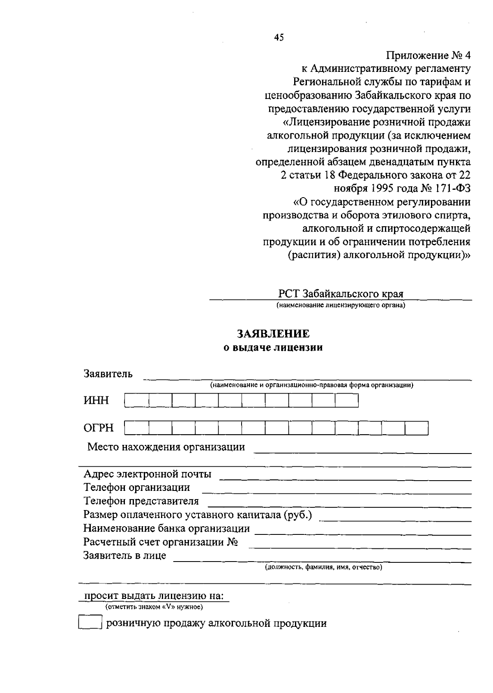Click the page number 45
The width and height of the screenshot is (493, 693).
click(279, 38)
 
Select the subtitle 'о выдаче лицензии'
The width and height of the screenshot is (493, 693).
click(273, 348)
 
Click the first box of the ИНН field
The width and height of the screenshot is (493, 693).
click(137, 401)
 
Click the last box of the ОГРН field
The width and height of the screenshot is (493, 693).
click(417, 428)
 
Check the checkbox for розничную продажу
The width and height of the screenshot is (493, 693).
click(90, 622)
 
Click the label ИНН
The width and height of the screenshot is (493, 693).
click(97, 401)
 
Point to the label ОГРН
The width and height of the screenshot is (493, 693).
click(99, 428)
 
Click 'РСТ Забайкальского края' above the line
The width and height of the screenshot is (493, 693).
click(341, 294)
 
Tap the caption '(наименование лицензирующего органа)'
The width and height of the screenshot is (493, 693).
click(341, 305)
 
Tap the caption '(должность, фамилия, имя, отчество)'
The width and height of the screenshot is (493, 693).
click(323, 568)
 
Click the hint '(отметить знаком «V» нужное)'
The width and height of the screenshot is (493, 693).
click(154, 607)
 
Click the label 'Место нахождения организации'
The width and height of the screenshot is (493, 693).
click(166, 447)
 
